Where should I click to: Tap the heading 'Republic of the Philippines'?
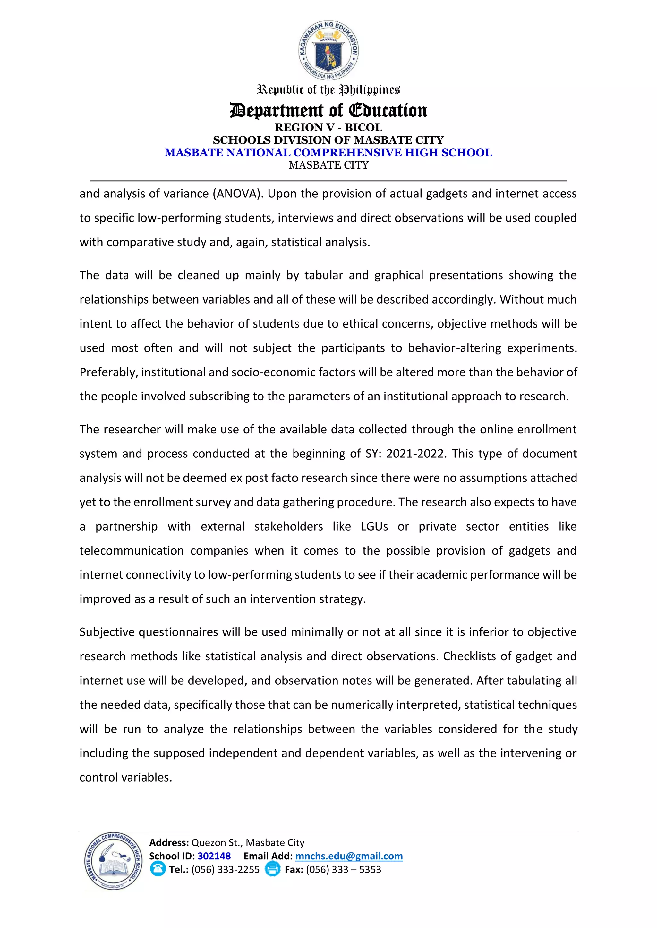click(x=328, y=90)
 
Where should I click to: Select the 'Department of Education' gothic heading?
click(x=328, y=110)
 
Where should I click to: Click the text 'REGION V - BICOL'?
click(x=328, y=127)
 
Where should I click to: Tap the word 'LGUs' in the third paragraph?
click(x=374, y=526)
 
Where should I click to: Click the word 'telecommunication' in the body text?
click(x=132, y=550)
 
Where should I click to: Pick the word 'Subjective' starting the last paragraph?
click(x=107, y=632)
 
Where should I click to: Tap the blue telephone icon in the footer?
click(x=158, y=869)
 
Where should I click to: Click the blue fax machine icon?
click(x=272, y=869)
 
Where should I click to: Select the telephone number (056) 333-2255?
click(x=225, y=869)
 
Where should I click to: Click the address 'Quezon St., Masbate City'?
click(x=248, y=843)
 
